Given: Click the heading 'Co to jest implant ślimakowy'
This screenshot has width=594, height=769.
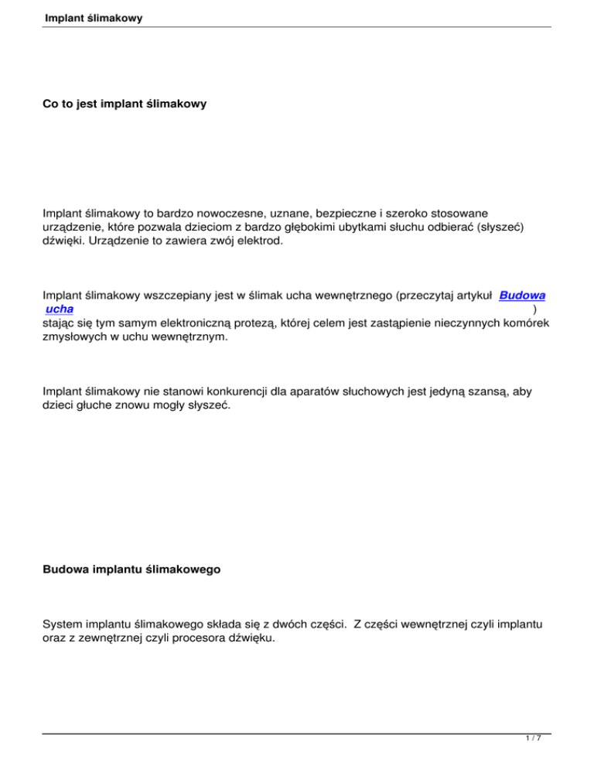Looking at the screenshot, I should click(x=125, y=102).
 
